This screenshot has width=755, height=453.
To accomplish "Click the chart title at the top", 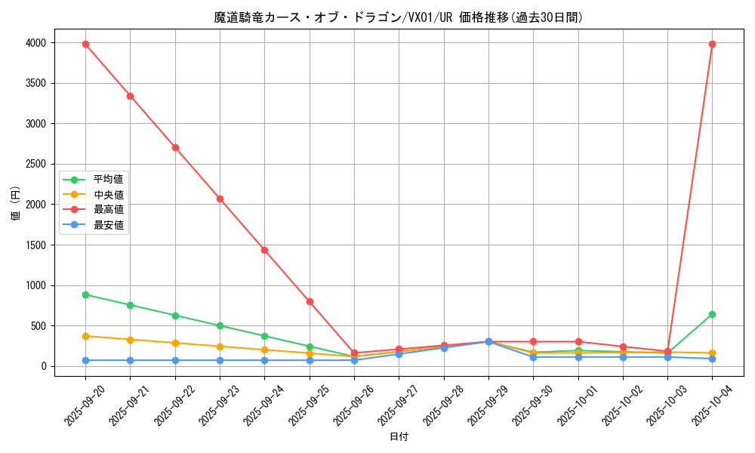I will [x=398, y=17].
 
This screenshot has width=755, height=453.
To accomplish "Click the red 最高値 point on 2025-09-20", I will [x=85, y=44].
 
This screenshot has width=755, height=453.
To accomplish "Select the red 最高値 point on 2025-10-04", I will [x=712, y=44].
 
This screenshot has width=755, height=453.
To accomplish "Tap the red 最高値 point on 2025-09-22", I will [x=175, y=147].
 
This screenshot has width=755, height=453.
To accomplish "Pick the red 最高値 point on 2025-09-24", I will [x=264, y=250].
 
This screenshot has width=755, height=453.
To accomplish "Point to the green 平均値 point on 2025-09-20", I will [x=85, y=294].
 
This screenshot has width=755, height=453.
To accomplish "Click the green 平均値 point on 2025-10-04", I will [x=712, y=314].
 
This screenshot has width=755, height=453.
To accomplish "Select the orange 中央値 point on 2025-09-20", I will [x=85, y=336].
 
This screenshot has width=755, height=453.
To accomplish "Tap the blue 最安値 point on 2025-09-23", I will [x=220, y=360].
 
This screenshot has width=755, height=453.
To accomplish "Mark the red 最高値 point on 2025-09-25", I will [x=310, y=301].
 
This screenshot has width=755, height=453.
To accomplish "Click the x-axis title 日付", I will [x=399, y=437].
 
